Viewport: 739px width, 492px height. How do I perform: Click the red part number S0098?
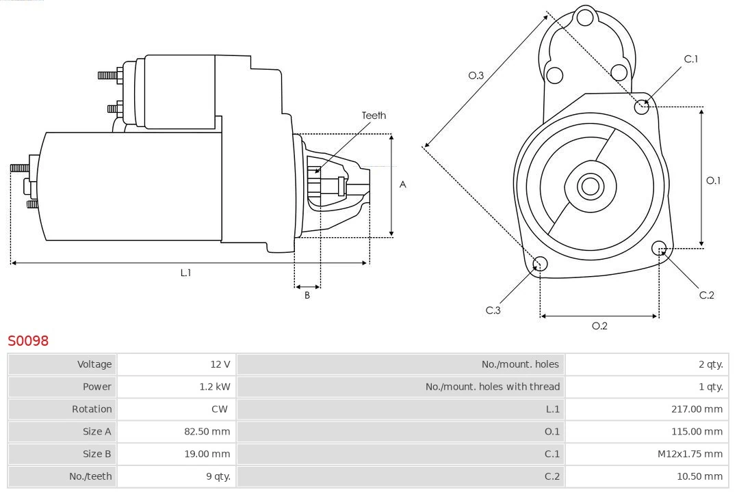[28, 340]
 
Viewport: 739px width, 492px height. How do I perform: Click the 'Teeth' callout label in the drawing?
[374, 115]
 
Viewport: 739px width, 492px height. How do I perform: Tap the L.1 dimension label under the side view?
[185, 273]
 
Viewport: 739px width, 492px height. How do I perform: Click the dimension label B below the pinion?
[307, 296]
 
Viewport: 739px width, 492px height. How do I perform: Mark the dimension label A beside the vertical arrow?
[403, 184]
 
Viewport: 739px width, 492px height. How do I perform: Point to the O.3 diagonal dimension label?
[476, 76]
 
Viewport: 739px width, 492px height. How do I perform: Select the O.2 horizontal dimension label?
[599, 326]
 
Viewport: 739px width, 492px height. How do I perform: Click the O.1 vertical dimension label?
[713, 181]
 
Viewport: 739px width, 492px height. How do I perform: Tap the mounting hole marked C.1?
[642, 106]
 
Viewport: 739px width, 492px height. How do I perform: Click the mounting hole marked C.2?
[659, 247]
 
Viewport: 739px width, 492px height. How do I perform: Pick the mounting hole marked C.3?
[540, 264]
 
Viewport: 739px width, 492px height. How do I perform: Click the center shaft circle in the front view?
[589, 186]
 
